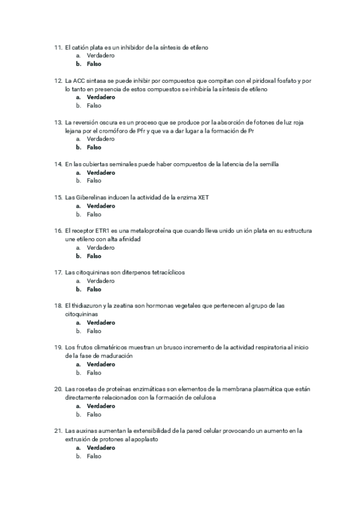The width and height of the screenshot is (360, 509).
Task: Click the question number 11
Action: coord(58,47)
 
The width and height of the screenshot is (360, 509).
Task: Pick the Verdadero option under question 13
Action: coord(101,139)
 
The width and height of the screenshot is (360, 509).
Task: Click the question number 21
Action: coord(58,430)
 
